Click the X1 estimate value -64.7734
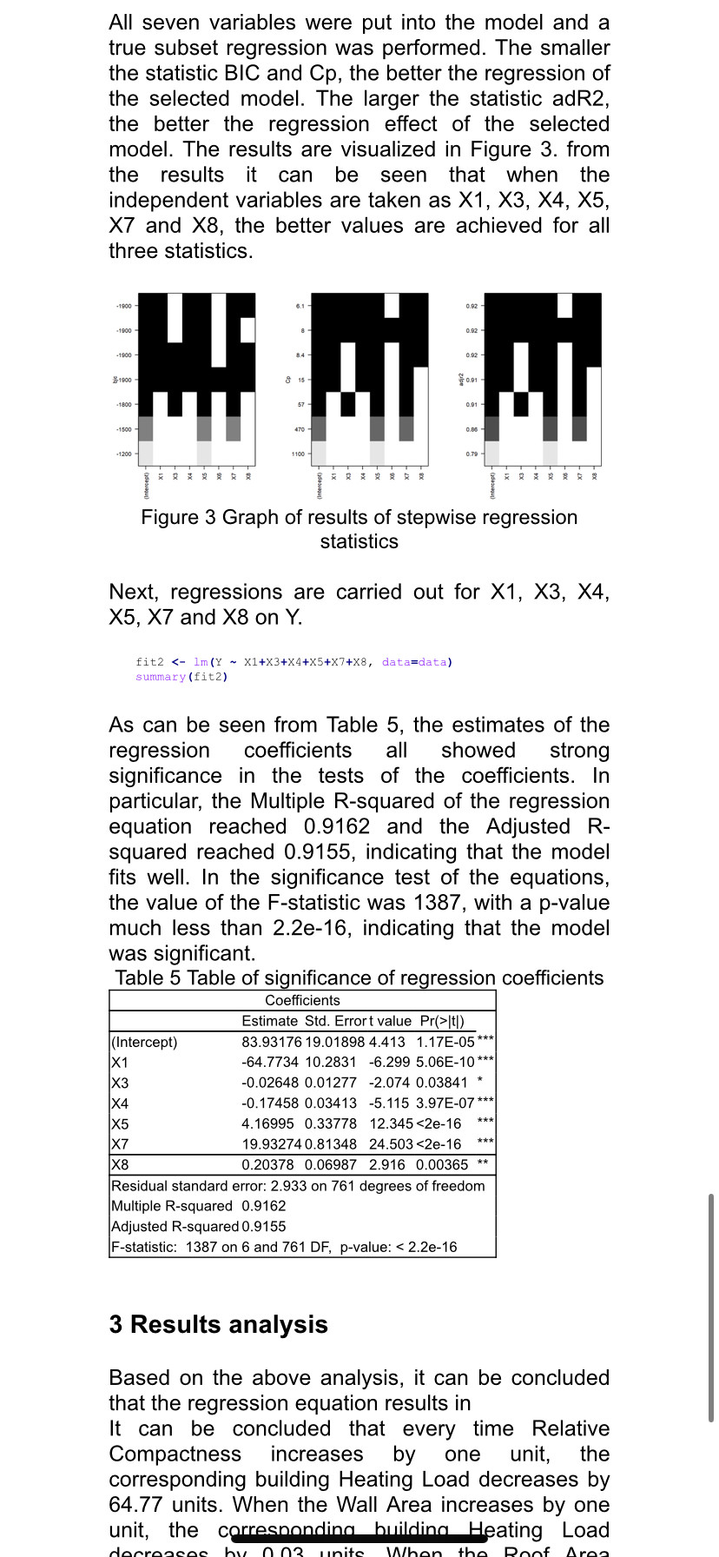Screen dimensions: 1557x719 coord(269,1062)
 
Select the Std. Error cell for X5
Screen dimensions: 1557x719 coord(330,1123)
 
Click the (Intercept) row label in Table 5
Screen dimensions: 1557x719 coord(144,1042)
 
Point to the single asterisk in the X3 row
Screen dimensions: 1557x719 coord(479,1082)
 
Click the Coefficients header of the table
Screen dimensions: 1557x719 coord(302,1001)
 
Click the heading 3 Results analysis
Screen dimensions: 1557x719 coord(218,1324)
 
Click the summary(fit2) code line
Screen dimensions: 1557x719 coord(181,677)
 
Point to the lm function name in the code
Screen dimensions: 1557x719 coord(201,662)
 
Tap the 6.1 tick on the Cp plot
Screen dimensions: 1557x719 coord(300,306)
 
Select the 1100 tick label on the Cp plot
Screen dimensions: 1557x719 coord(298,454)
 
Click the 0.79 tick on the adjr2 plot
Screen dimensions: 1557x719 coord(472,454)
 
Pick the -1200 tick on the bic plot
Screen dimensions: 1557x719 coord(124,454)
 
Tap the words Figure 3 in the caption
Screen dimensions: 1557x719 coord(179,517)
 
